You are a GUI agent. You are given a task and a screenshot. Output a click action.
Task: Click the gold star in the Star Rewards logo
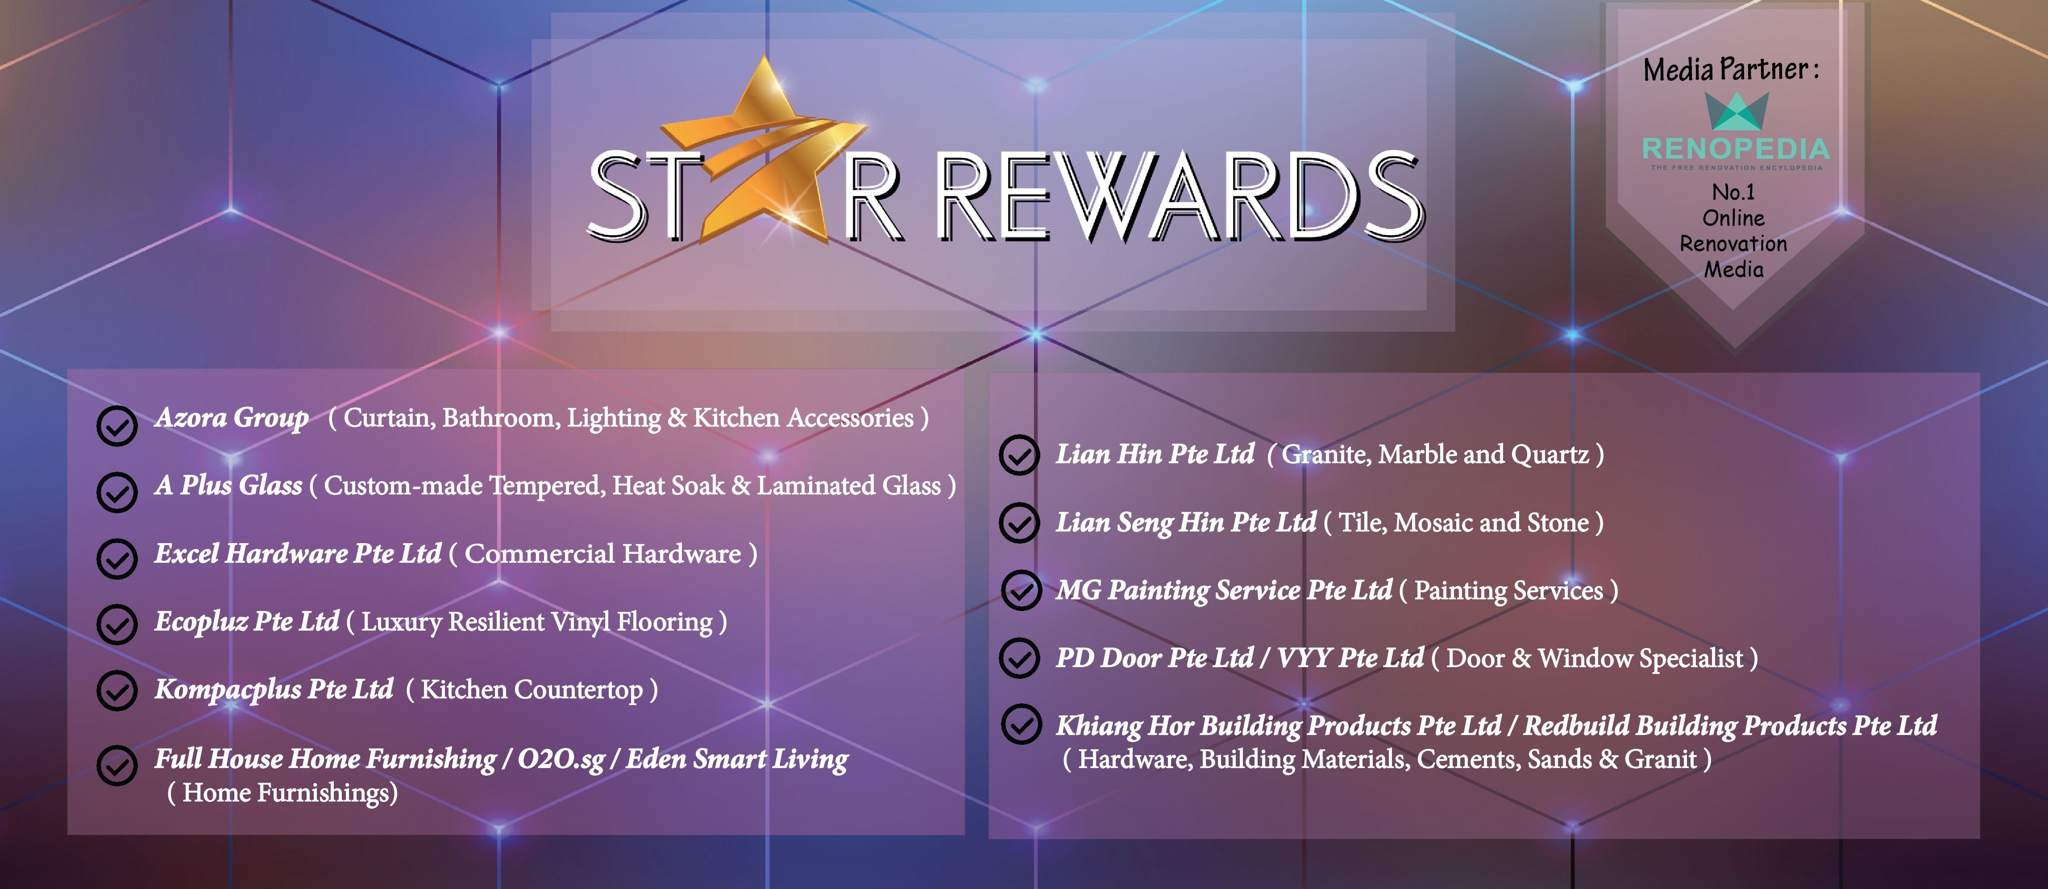point(763,151)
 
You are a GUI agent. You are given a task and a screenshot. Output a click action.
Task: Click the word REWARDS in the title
point(1180,196)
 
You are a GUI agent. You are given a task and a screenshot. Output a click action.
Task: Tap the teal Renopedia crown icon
point(1737,111)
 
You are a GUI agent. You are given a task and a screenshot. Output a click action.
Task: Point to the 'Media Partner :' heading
point(1731,69)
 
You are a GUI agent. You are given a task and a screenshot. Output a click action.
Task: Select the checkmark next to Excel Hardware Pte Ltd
point(117,559)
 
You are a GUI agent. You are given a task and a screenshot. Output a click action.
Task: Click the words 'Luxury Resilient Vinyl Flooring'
point(536,622)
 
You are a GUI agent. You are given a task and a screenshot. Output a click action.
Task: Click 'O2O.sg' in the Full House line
point(561,760)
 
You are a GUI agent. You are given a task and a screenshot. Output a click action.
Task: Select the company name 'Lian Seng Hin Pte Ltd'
point(1186,523)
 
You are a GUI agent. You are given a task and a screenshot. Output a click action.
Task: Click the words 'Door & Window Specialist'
point(1594,658)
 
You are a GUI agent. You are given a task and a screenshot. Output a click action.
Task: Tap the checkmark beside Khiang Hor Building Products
point(1021,724)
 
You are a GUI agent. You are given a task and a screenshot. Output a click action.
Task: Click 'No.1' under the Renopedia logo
point(1733,192)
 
